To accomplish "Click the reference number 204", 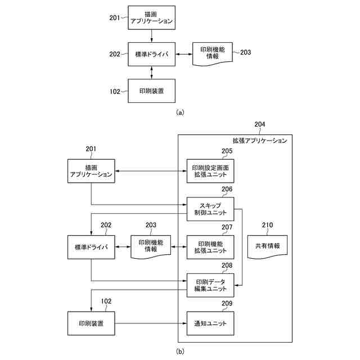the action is click(x=260, y=124).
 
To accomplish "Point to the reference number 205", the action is click(x=227, y=151).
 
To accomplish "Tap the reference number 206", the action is click(x=227, y=189).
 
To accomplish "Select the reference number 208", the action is click(x=227, y=265).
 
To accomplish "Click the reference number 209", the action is click(x=227, y=304).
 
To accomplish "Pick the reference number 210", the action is click(x=268, y=225).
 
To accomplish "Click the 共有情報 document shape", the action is click(x=268, y=247).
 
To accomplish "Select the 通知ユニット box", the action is click(x=210, y=323).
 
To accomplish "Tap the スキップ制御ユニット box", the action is click(x=210, y=209).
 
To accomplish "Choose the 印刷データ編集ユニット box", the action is click(x=210, y=285).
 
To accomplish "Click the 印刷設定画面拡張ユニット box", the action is click(x=210, y=171).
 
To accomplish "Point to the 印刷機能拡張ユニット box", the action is click(x=210, y=247).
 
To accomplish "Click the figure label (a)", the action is click(x=180, y=112).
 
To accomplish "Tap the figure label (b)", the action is click(x=180, y=351).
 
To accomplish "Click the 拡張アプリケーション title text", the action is click(x=260, y=141).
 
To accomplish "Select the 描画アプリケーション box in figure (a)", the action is click(x=151, y=17).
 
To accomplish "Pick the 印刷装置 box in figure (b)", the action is click(x=91, y=323).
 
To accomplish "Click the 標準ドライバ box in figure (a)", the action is click(x=151, y=54).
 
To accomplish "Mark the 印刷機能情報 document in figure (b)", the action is click(x=151, y=247).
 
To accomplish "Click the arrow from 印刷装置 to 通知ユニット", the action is click(x=151, y=323).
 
